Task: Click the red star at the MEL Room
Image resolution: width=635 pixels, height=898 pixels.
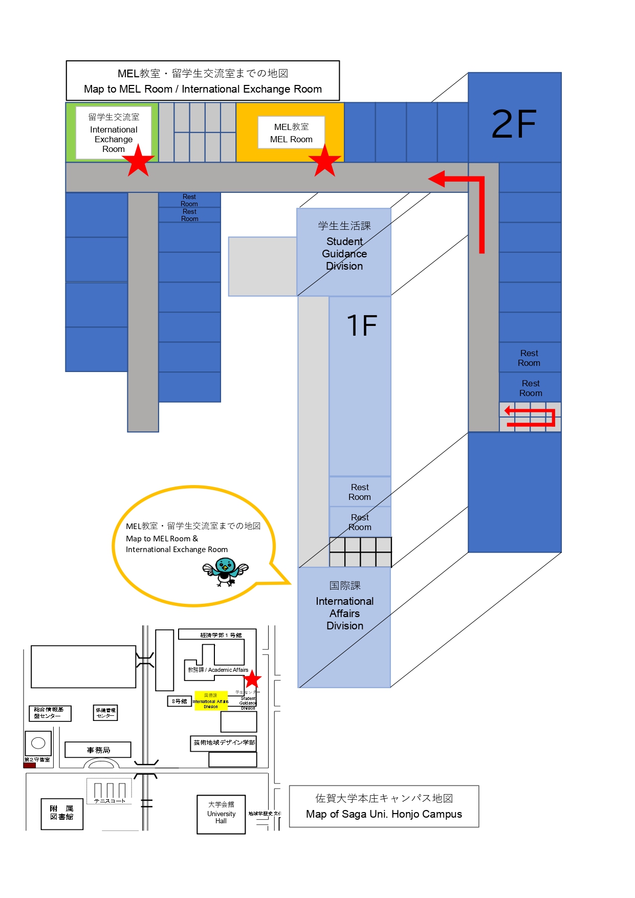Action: point(324,162)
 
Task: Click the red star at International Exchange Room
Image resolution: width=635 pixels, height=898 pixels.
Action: point(138,162)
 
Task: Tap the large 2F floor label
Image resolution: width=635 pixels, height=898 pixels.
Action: point(514,124)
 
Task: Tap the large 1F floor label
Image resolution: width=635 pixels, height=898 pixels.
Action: point(362,325)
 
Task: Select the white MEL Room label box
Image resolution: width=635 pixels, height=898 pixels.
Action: point(291,133)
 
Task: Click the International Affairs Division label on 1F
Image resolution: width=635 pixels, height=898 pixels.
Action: point(344,607)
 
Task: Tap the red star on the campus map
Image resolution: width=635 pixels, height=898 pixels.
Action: point(252,680)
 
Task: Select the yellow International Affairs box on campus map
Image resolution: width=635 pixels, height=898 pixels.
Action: point(211,701)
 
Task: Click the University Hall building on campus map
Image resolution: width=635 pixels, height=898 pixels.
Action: point(221,814)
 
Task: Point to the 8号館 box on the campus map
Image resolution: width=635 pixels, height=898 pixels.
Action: point(179,701)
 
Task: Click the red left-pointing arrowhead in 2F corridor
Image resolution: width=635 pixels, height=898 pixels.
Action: point(436,179)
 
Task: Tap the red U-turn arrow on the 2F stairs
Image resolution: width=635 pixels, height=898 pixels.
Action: point(530,417)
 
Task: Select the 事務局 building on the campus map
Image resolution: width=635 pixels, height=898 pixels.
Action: point(98,750)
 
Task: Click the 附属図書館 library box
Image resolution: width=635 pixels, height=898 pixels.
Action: point(62,813)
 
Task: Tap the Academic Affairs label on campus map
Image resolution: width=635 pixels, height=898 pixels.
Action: point(218,670)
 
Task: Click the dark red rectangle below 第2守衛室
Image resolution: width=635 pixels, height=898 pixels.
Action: point(30,765)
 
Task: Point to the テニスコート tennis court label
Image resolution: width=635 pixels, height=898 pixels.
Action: point(110,801)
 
